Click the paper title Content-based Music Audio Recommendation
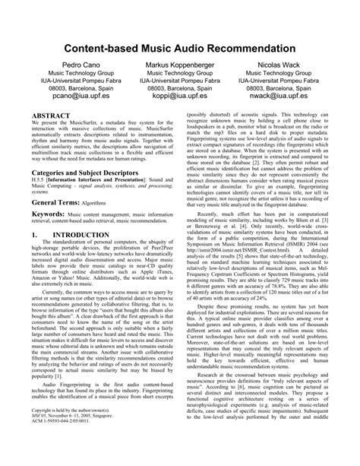click(x=180, y=47)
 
